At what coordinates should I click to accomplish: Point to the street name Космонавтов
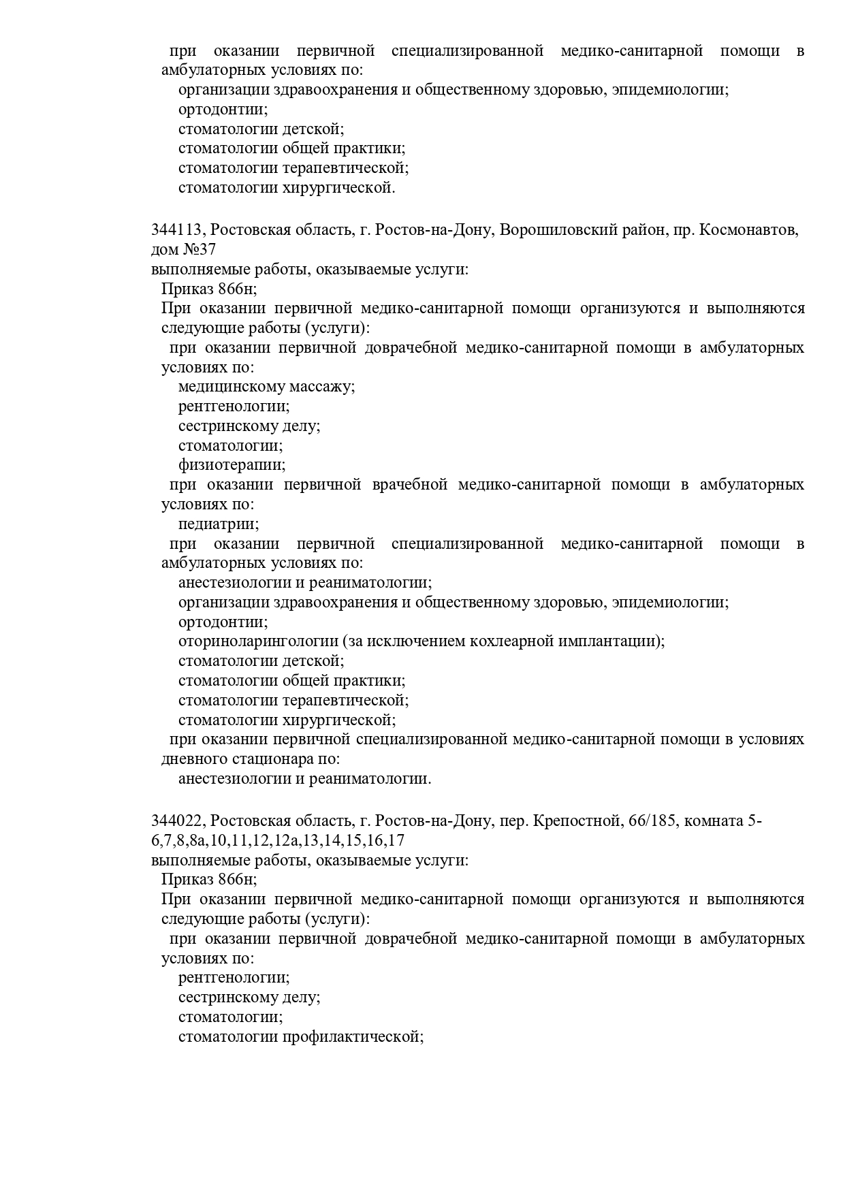754,229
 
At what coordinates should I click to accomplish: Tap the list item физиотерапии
232,465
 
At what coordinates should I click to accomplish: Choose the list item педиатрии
219,524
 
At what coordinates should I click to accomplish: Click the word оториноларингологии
258,641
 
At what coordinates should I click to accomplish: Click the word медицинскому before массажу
232,387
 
